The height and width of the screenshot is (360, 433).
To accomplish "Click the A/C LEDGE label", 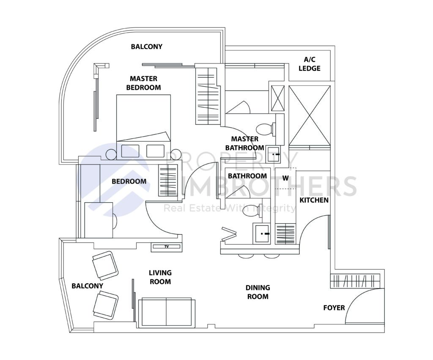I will tap(310, 64).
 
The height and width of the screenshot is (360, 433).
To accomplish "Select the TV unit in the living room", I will tap(166, 246).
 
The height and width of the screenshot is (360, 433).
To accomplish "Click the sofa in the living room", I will tap(167, 312).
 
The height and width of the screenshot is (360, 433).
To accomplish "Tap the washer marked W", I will tap(285, 178).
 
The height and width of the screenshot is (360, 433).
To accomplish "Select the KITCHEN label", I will tap(314, 200).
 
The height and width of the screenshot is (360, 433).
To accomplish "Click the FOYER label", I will tap(334, 308).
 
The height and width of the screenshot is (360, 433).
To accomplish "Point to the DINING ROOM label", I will tap(258, 292).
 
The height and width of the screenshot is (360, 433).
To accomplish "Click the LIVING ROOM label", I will tap(160, 277).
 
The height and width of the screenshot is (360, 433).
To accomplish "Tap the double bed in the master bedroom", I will tap(143, 118).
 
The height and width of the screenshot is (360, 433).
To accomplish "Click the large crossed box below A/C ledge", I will tap(309, 115).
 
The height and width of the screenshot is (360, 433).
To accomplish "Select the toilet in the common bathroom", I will tap(247, 212).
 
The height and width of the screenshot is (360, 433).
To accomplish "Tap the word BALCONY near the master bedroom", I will tap(146, 47).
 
